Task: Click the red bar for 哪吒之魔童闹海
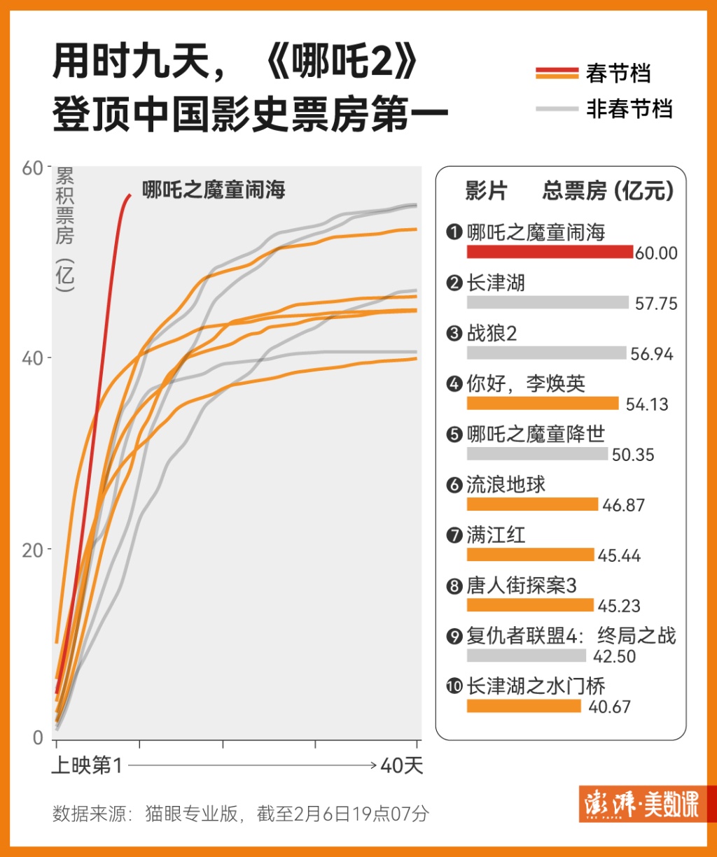tap(550, 252)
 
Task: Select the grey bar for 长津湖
tap(548, 302)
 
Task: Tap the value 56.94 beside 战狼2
tap(651, 354)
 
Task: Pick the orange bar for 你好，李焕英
tap(543, 403)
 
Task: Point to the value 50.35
tap(633, 455)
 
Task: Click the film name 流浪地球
tap(506, 485)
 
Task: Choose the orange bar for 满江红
tap(530, 554)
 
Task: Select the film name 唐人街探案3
tap(522, 586)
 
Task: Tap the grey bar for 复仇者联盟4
tap(526, 656)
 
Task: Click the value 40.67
tap(609, 707)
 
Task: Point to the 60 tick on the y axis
tap(33, 167)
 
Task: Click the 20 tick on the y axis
tap(33, 550)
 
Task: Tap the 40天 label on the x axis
tap(402, 766)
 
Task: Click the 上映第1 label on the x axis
tap(88, 766)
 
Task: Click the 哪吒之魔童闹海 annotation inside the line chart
tap(214, 190)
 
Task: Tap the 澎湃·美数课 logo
tap(639, 807)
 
